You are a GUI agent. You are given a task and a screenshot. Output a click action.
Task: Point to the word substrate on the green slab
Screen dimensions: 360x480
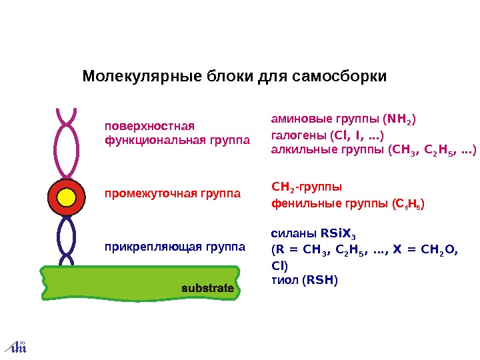coord(207,289)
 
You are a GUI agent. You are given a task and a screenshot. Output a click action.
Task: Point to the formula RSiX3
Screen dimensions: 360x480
coord(343,234)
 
